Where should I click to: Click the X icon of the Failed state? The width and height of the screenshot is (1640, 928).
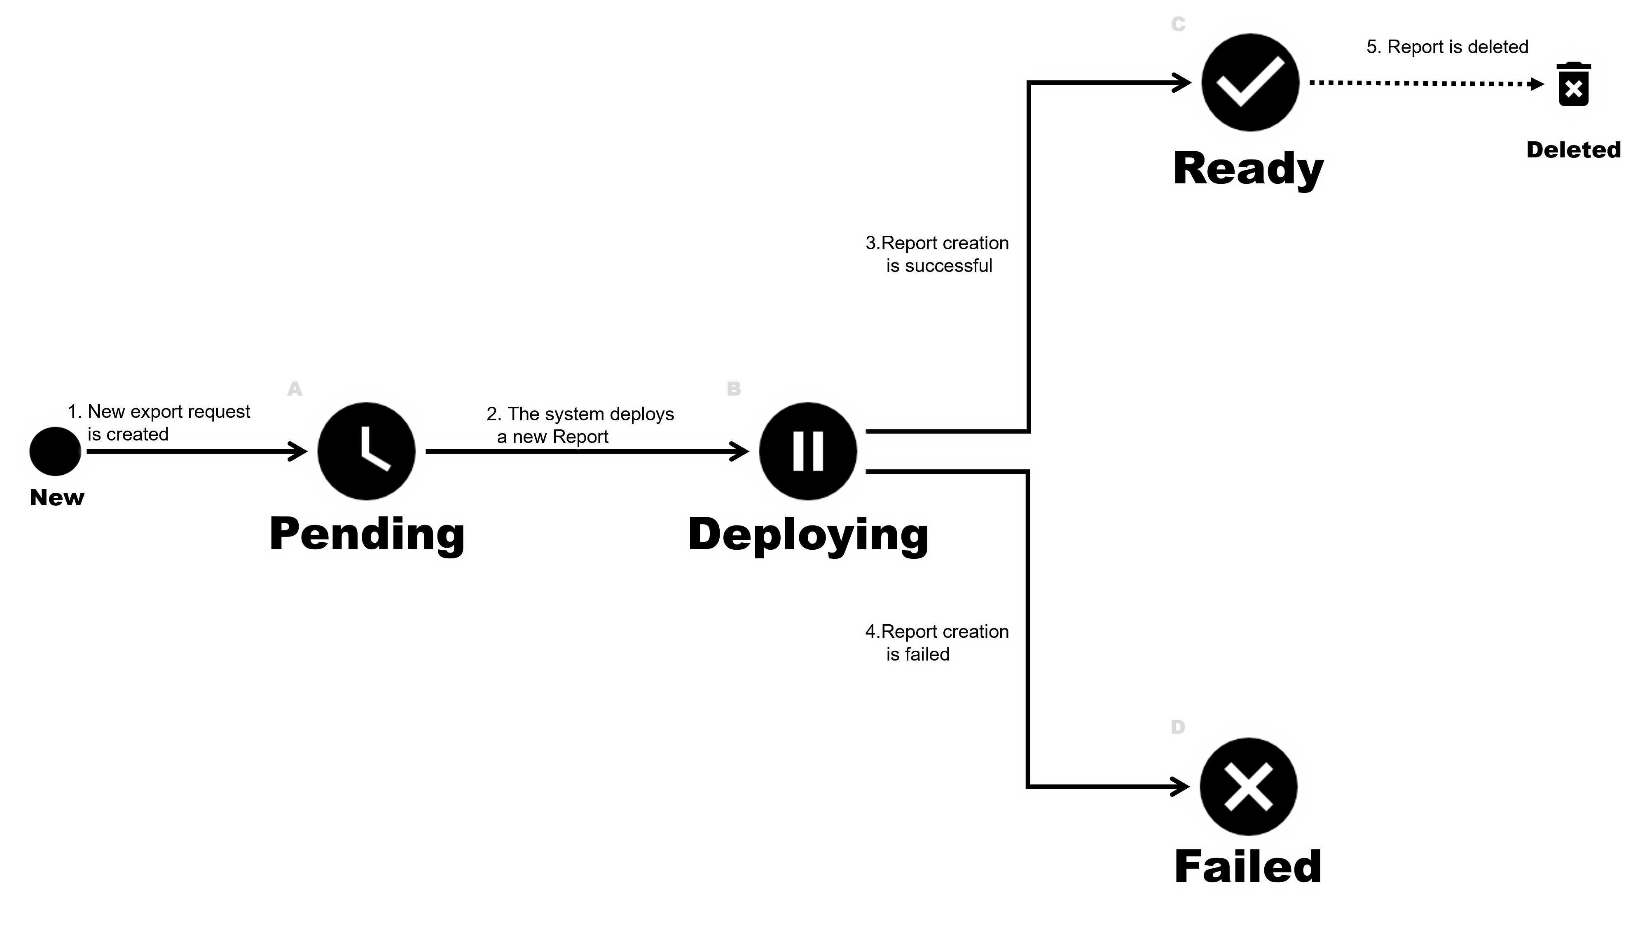click(1248, 787)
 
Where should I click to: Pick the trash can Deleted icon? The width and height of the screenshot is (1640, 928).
click(1573, 85)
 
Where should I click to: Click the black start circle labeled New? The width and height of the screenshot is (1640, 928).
click(56, 451)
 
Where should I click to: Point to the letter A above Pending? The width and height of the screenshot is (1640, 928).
click(295, 388)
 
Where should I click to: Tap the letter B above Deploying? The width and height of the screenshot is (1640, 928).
click(734, 388)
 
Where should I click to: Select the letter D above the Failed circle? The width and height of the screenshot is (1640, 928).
click(1177, 726)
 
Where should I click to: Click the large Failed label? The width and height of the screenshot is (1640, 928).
click(1247, 867)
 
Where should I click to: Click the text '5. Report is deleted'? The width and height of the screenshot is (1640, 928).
click(1447, 47)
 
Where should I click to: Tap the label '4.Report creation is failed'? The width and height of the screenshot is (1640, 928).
click(937, 642)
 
